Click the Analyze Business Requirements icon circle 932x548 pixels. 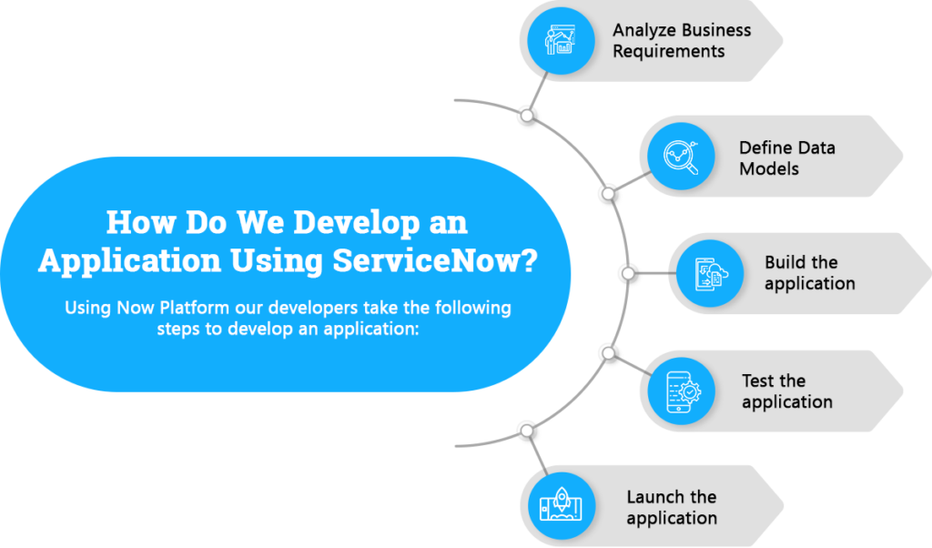click(x=561, y=40)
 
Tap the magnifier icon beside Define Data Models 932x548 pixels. click(x=681, y=157)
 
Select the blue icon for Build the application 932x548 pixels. click(x=710, y=273)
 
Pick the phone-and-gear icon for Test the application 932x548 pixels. click(x=681, y=391)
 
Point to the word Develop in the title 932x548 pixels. click(x=357, y=223)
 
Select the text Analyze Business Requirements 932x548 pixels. click(x=682, y=40)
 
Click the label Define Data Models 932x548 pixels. click(x=787, y=158)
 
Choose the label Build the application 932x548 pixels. click(x=809, y=273)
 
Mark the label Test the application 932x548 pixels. click(x=787, y=391)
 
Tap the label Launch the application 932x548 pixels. click(x=672, y=507)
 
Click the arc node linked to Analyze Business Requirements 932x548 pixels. click(x=527, y=116)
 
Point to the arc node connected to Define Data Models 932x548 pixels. click(x=608, y=194)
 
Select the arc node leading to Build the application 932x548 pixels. click(x=628, y=273)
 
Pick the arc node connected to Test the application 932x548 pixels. click(x=608, y=353)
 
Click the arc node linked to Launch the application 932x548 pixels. click(x=527, y=431)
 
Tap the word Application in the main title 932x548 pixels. click(x=129, y=260)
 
